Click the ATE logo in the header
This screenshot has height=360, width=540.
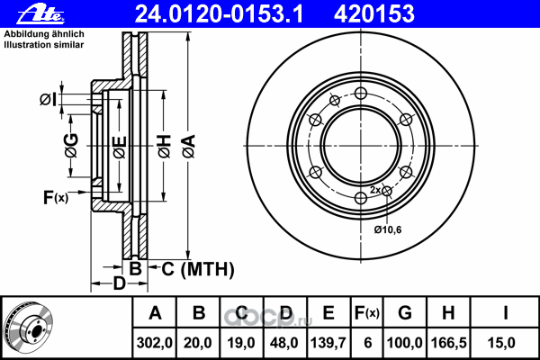(40, 14)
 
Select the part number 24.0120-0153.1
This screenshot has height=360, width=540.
(219, 14)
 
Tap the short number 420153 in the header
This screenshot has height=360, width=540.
(374, 14)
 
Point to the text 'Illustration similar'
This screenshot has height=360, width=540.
(44, 45)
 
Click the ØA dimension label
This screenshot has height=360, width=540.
(189, 147)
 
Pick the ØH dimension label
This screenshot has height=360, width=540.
(165, 147)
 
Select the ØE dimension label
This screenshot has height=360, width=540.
(120, 148)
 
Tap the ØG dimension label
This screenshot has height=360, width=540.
(71, 146)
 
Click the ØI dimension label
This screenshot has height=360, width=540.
(49, 100)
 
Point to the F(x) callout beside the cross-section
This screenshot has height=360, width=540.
(56, 197)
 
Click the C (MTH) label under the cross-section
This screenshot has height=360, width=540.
(198, 269)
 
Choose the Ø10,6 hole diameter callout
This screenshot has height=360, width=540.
(388, 229)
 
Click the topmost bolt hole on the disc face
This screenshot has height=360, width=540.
(361, 93)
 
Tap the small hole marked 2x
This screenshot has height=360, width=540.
(387, 191)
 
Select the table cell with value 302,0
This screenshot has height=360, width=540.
(154, 343)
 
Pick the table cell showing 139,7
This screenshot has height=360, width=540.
(328, 343)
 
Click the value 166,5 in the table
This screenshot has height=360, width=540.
(448, 343)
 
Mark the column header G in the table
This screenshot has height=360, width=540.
(405, 313)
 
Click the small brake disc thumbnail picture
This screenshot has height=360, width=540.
(28, 328)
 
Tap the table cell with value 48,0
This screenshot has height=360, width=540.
(284, 343)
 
